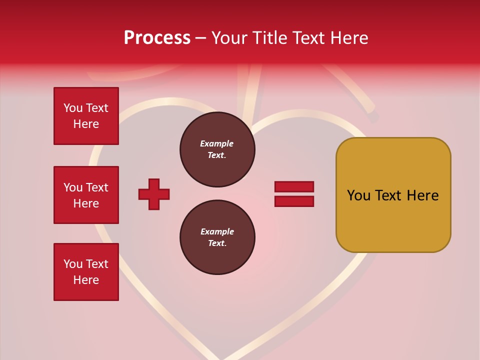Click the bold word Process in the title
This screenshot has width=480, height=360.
[x=157, y=38]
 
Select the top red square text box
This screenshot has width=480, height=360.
[x=86, y=116]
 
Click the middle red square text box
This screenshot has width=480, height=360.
[x=86, y=195]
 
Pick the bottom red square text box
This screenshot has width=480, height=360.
[x=86, y=272]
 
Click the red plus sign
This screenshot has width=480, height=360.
[x=154, y=194]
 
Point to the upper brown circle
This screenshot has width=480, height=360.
[x=217, y=149]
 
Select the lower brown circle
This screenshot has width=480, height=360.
[x=217, y=237]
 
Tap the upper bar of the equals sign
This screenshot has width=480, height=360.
[x=294, y=187]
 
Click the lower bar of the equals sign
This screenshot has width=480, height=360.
[x=294, y=201]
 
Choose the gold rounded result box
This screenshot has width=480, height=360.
[x=393, y=195]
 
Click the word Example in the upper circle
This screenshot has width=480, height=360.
[x=217, y=143]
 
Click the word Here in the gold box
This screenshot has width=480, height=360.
[x=422, y=195]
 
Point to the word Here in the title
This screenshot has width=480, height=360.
[x=348, y=38]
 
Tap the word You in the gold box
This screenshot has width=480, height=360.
[x=358, y=195]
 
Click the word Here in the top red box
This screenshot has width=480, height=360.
[x=86, y=124]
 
